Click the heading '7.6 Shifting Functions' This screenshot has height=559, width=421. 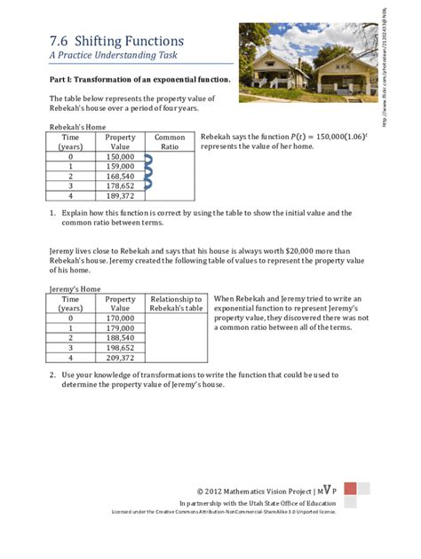click(x=116, y=41)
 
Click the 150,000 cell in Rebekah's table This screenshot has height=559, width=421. click(x=120, y=157)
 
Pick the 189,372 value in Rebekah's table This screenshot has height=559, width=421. click(x=120, y=195)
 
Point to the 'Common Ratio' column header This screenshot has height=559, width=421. click(x=170, y=143)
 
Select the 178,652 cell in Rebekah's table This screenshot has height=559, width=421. click(x=120, y=185)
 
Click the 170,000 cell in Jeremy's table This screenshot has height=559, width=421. click(x=120, y=318)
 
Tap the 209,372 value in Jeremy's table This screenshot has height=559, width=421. click(x=120, y=357)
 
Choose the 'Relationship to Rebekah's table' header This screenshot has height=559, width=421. click(x=176, y=303)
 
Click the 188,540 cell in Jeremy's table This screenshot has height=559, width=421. click(x=120, y=337)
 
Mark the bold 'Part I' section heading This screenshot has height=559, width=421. click(x=139, y=80)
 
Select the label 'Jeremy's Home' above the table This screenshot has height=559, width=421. click(x=75, y=289)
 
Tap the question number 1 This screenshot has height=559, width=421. click(x=52, y=213)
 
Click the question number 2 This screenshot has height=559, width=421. click(x=52, y=374)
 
